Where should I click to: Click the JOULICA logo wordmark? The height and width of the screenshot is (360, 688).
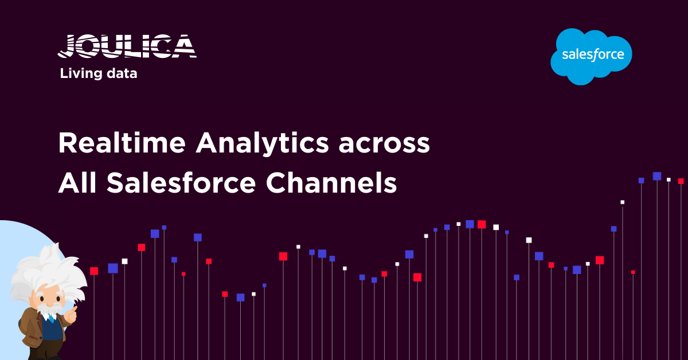coord(127,46)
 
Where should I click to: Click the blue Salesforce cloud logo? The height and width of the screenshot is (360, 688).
coord(592,56)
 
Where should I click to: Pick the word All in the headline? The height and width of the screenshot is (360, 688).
coord(77,183)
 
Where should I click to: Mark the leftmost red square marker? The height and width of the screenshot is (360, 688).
coord(94,271)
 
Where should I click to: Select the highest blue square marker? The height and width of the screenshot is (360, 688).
coord(657,176)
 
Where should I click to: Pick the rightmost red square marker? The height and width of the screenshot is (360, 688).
coord(681,181)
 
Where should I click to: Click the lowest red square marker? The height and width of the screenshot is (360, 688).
coord(225,294)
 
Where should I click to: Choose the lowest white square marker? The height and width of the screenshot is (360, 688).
coord(253,294)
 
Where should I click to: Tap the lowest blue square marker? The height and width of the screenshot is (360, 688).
coord(241,298)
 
